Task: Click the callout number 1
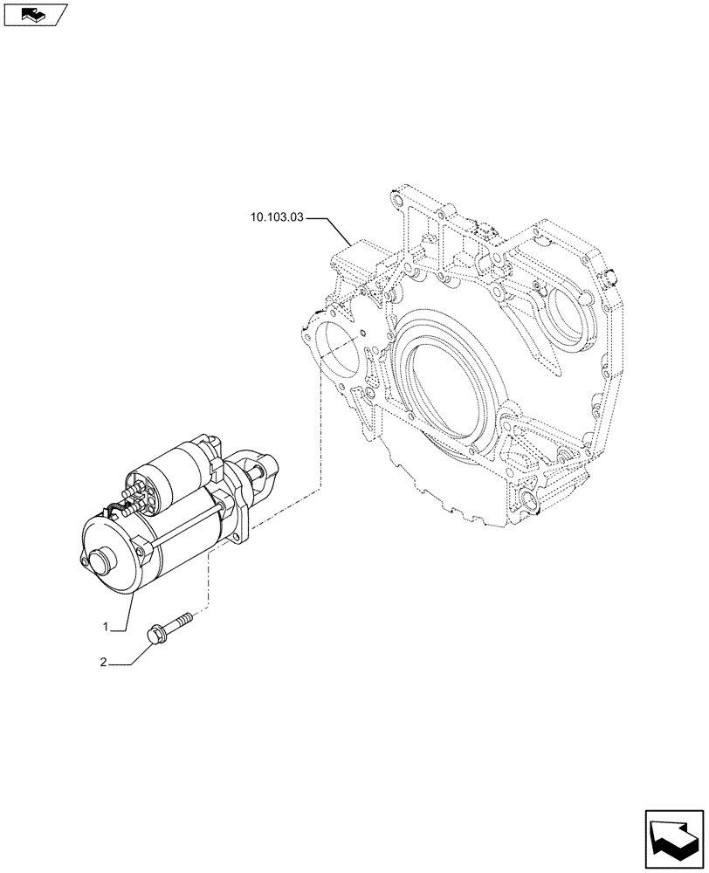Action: pyautogui.click(x=107, y=627)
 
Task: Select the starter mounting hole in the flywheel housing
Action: pyautogui.click(x=336, y=349)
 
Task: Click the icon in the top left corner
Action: pyautogui.click(x=33, y=13)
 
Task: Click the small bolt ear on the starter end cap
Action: pyautogui.click(x=85, y=563)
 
